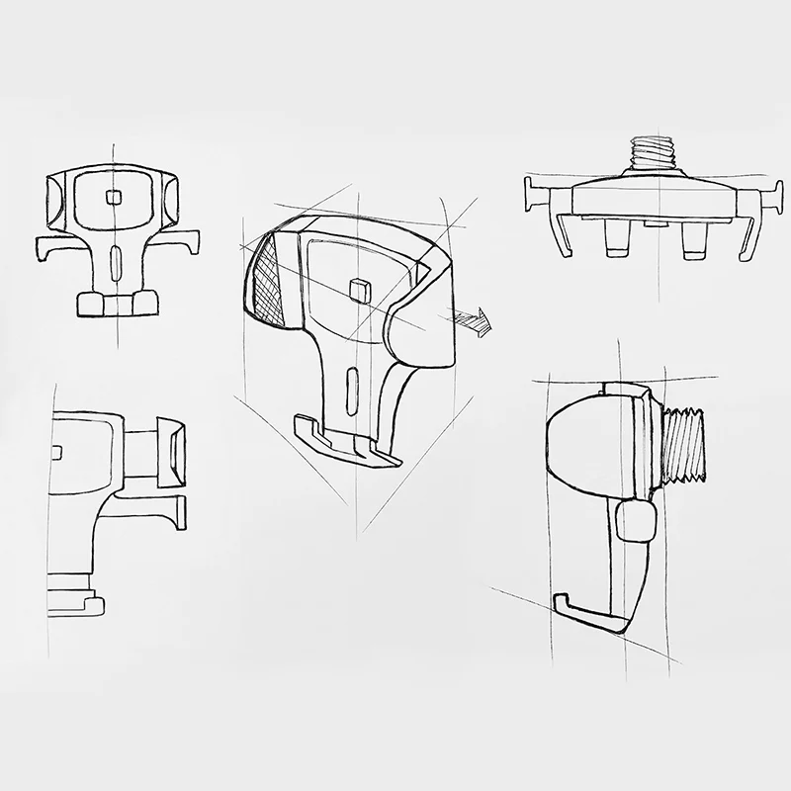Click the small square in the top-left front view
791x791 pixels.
coord(115,197)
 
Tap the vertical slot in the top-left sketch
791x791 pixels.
coord(115,264)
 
